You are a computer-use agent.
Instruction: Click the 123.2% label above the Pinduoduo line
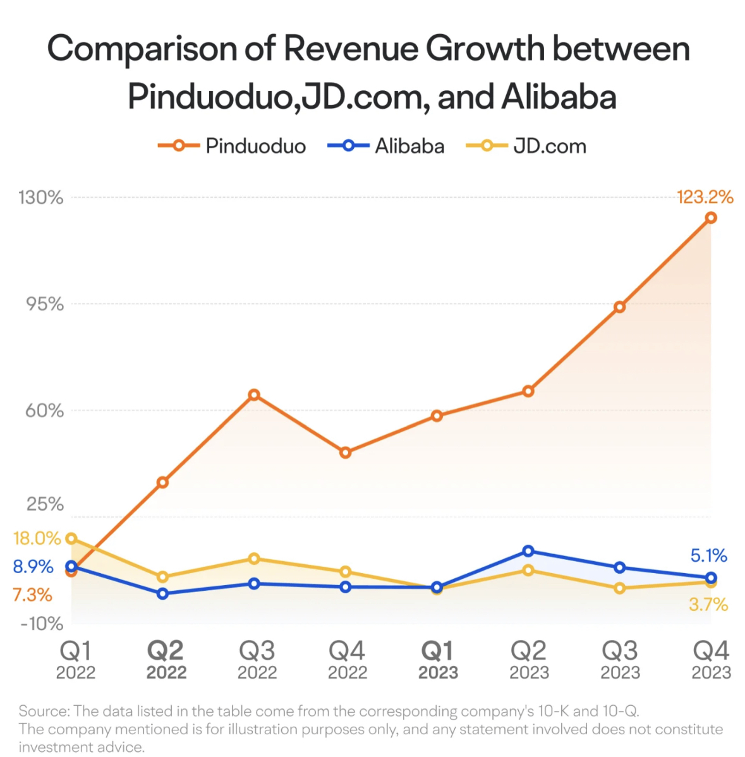(705, 197)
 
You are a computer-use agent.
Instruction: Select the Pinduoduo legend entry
(232, 146)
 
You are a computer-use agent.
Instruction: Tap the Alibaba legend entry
(386, 146)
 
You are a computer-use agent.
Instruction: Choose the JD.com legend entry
(526, 146)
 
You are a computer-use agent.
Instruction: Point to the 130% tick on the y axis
(41, 198)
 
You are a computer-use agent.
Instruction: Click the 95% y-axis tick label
(44, 304)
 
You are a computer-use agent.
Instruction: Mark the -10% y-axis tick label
(42, 624)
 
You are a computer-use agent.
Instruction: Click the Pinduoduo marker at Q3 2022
(254, 395)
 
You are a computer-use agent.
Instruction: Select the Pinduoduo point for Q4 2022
(345, 452)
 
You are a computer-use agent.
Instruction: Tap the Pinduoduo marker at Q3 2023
(620, 307)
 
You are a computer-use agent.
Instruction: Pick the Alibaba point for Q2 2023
(528, 551)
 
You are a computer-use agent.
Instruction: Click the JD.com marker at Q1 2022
(71, 538)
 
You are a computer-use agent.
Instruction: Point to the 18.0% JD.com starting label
(37, 538)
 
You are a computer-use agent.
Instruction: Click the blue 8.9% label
(33, 566)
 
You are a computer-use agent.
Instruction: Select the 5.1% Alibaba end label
(708, 555)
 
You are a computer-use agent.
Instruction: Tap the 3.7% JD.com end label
(708, 605)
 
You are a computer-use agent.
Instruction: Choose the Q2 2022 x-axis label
(166, 660)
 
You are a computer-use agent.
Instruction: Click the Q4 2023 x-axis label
(711, 660)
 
